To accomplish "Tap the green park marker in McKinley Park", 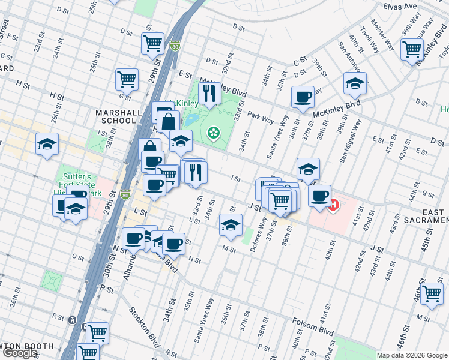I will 212,132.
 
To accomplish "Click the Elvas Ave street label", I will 400,7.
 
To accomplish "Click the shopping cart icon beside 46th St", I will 432,293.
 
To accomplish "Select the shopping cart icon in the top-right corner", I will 412,49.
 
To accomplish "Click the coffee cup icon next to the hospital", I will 319,195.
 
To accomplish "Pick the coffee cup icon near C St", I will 303,96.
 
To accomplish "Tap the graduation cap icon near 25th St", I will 47,144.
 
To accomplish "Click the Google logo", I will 19,353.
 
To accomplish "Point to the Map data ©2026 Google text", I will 411,355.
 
